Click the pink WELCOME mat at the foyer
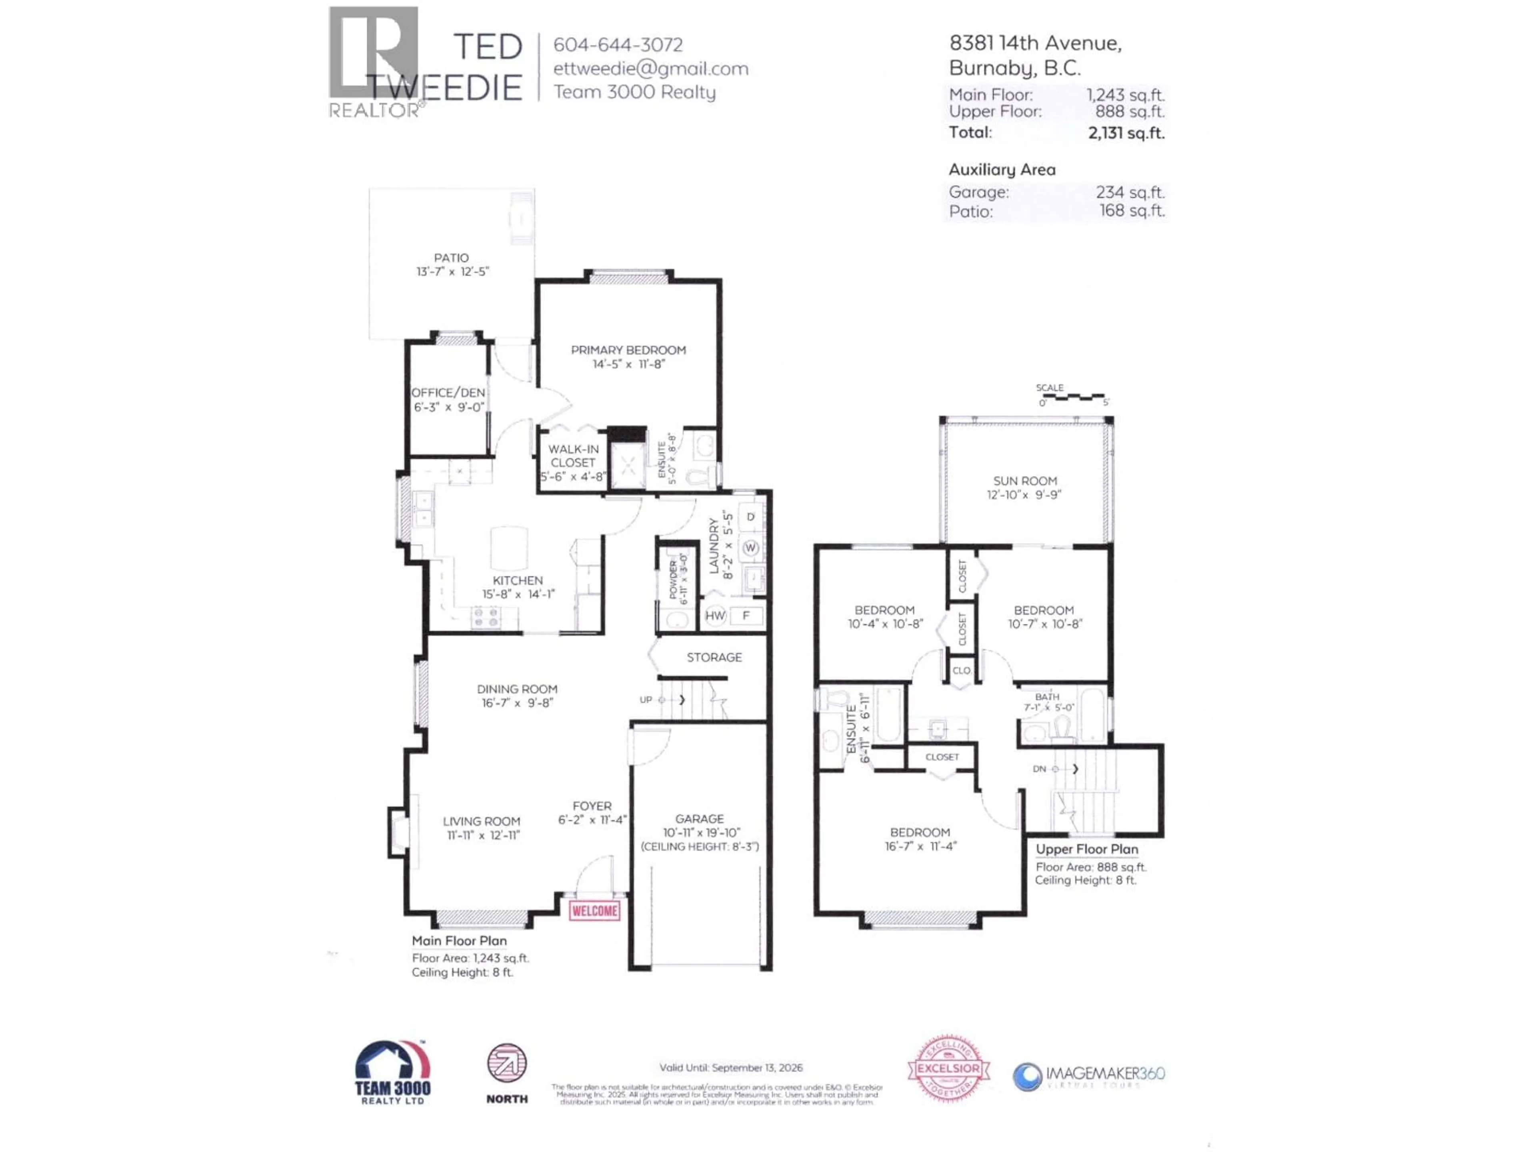(x=594, y=910)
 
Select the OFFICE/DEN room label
(x=448, y=392)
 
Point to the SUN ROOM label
(x=1024, y=480)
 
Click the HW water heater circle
(x=714, y=615)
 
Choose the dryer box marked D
(x=750, y=517)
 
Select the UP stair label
(x=646, y=699)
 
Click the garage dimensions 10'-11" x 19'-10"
(x=701, y=832)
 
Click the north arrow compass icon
(x=507, y=1063)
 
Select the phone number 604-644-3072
(x=617, y=44)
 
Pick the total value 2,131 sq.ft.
(x=1126, y=133)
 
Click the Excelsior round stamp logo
(x=948, y=1069)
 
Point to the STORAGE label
(x=714, y=657)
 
